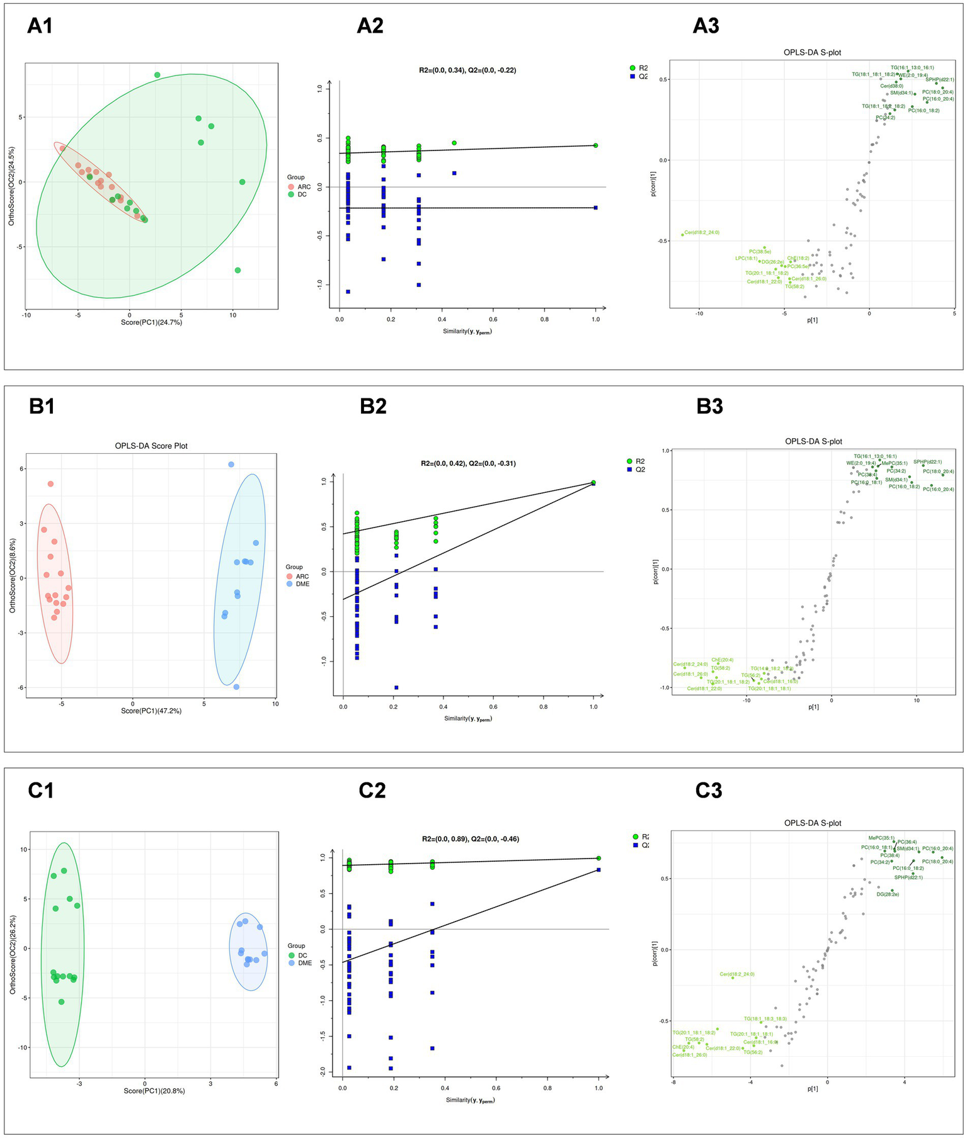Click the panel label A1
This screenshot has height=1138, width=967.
40,26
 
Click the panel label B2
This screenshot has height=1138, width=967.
373,407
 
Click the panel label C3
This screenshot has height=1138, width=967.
708,791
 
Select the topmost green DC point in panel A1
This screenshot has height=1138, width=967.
157,75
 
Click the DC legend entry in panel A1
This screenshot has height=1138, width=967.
302,195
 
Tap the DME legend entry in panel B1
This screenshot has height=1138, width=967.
302,584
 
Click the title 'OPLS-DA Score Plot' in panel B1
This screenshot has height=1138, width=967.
151,446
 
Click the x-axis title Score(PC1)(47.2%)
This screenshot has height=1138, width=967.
151,711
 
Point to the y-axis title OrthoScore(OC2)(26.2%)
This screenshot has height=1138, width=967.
13,955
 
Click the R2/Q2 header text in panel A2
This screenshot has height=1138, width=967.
467,70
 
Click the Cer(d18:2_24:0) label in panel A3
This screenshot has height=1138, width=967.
702,232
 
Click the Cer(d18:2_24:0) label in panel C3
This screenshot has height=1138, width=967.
736,974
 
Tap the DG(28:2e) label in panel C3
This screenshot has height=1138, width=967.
888,894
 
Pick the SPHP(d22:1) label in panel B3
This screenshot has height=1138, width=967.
927,462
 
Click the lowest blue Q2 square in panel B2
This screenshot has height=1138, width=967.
396,687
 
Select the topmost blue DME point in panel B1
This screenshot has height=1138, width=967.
231,465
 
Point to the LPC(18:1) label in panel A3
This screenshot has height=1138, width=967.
746,258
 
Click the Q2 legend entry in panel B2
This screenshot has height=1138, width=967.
640,470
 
